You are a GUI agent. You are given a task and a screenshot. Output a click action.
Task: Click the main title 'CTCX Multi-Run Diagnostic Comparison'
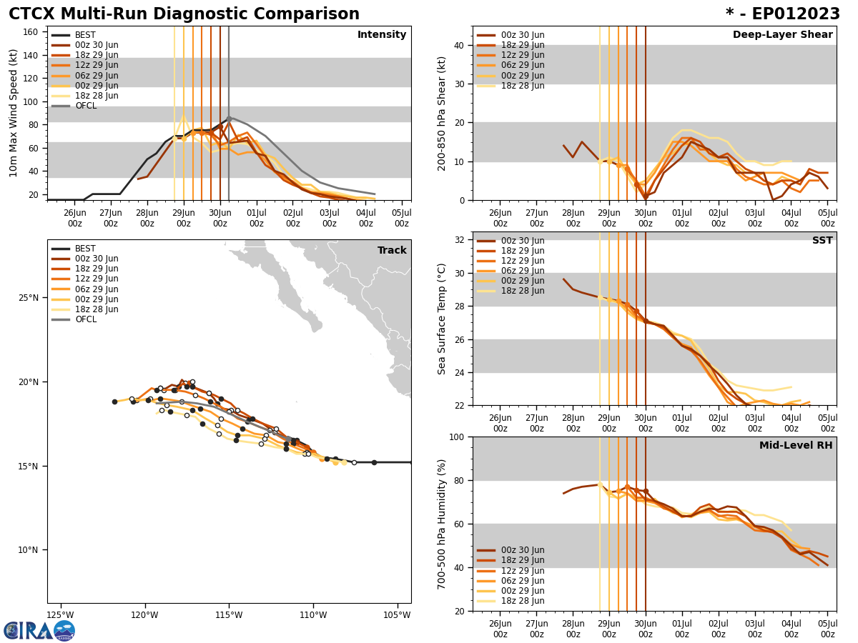click(x=184, y=14)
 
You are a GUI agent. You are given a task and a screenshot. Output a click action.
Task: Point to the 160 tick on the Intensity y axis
click(x=32, y=32)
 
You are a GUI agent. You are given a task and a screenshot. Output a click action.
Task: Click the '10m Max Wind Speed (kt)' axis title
click(x=14, y=113)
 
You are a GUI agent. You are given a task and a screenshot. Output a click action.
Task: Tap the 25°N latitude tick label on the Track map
click(x=29, y=298)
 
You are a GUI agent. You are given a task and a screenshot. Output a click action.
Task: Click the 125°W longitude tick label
click(x=61, y=615)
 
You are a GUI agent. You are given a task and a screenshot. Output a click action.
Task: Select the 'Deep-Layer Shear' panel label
click(x=782, y=35)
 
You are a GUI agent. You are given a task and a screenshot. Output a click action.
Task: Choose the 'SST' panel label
click(x=822, y=241)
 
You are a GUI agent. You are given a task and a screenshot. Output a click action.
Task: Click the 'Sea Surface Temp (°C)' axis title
click(x=443, y=319)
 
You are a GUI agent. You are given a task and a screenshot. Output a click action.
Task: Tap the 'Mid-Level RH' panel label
click(x=796, y=446)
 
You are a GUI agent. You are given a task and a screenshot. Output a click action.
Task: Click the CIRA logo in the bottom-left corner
click(x=39, y=630)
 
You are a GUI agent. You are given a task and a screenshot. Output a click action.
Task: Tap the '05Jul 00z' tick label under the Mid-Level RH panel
click(x=827, y=629)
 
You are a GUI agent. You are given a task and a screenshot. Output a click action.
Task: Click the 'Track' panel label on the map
click(x=392, y=251)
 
